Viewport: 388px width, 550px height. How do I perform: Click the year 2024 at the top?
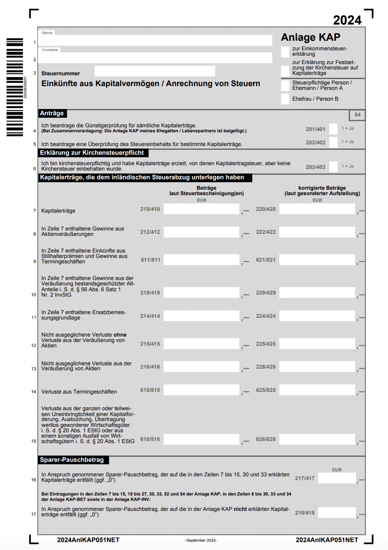pos(347,20)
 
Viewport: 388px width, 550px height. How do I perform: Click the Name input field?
pos(155,40)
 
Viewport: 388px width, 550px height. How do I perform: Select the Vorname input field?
pos(155,58)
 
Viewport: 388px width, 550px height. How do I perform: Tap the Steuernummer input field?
pos(155,71)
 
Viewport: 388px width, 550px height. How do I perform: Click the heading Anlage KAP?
pos(311,37)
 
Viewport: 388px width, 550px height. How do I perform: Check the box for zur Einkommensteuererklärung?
pos(285,52)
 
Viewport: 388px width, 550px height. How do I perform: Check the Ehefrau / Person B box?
pos(285,99)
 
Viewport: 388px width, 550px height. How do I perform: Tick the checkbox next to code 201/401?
pos(333,129)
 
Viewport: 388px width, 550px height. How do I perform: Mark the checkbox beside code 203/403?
pos(333,167)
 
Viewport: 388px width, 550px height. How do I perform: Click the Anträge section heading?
pos(52,113)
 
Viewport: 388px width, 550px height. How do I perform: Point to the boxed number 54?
pos(357,115)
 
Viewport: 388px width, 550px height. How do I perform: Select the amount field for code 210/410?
pos(201,209)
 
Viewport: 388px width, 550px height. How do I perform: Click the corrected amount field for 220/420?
pos(317,209)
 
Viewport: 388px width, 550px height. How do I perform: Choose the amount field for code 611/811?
pos(201,260)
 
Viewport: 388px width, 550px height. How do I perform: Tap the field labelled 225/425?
pos(317,344)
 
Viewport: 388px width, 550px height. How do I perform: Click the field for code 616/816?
pos(201,439)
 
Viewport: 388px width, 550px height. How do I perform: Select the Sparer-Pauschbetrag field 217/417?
pos(337,478)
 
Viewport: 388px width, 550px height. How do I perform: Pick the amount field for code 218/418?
pos(337,513)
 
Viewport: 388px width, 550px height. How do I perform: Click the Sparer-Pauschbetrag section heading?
pos(72,460)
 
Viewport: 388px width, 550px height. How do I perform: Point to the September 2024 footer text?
pos(201,540)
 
